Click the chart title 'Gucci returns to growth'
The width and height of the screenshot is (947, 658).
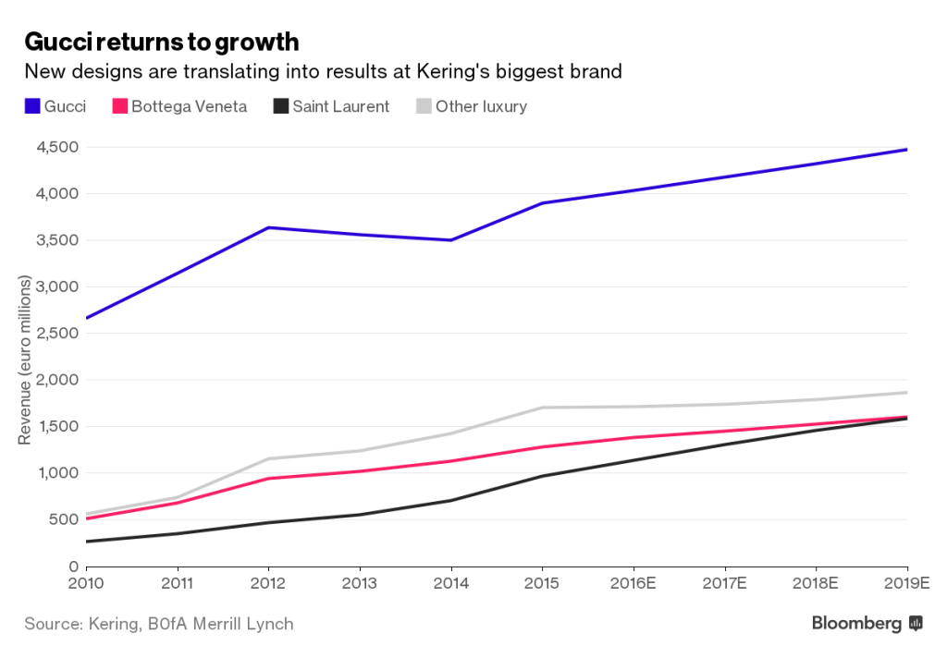click(161, 42)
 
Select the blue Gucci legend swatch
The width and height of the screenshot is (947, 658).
click(31, 106)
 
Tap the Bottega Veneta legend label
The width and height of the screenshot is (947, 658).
click(189, 106)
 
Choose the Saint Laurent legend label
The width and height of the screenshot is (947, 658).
click(340, 106)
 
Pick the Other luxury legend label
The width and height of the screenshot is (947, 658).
click(481, 106)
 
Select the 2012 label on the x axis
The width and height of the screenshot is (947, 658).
click(268, 583)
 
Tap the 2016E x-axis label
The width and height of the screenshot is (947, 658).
click(633, 583)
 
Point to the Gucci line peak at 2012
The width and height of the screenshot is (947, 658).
click(268, 227)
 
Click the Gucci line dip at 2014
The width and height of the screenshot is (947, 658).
click(450, 240)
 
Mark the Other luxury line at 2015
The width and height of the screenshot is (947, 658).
click(542, 408)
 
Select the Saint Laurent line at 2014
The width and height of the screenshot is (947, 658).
click(450, 500)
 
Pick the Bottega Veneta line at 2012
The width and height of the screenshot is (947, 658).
click(268, 478)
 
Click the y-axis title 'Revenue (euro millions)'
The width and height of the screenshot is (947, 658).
click(25, 360)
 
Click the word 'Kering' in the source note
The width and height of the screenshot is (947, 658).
click(114, 624)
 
